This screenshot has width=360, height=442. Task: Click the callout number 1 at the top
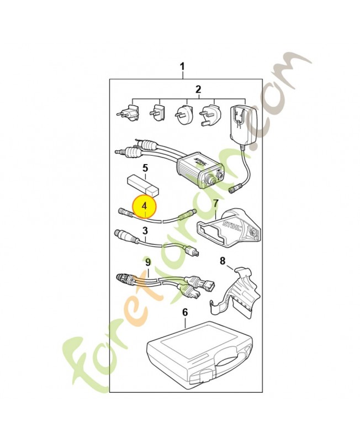[182, 67]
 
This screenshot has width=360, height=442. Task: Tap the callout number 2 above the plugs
[198, 90]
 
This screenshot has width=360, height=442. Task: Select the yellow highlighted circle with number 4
[145, 206]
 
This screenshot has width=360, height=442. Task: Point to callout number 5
[145, 169]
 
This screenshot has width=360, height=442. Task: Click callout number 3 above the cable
[145, 231]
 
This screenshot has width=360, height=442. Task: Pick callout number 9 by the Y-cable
[148, 262]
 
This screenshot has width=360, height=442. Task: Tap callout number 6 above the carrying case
[185, 312]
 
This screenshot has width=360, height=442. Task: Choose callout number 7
[216, 203]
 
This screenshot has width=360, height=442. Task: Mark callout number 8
[223, 261]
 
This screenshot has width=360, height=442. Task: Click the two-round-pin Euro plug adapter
[128, 112]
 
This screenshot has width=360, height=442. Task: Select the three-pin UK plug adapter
[210, 115]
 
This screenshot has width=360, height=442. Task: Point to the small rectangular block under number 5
[142, 186]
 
